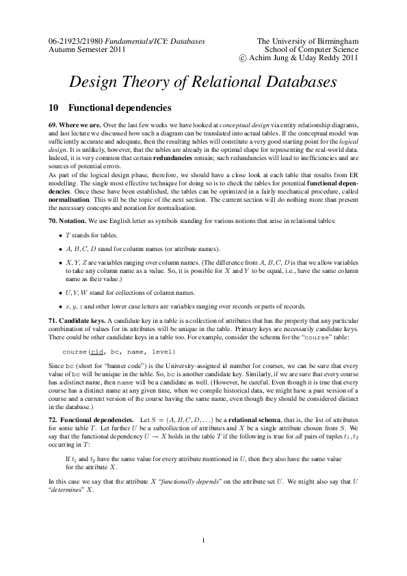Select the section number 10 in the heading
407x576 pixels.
54,107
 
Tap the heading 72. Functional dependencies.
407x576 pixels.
92,418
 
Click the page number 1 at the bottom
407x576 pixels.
204,542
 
